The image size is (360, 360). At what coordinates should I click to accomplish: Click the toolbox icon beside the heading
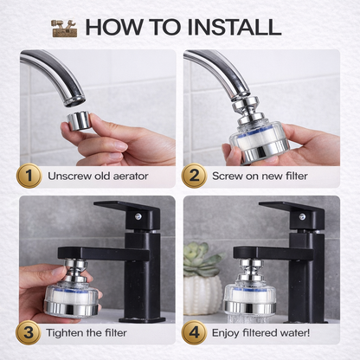coord(64,28)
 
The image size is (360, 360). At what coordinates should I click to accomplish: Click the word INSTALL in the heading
coord(235,27)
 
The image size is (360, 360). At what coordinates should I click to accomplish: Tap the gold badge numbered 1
coord(29,176)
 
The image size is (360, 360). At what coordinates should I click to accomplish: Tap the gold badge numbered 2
coord(194,176)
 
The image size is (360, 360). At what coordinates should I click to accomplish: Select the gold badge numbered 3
coord(29,332)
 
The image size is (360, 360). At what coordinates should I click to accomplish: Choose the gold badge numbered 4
coord(194,332)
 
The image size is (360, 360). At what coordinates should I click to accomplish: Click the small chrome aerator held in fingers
coord(78,120)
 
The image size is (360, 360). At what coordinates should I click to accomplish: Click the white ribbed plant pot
coord(202,295)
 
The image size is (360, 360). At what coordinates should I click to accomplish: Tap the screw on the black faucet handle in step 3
coord(138,215)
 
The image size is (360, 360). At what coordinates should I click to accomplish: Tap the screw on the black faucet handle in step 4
coord(302,215)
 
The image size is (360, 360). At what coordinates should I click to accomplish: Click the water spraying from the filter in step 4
coord(248,318)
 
